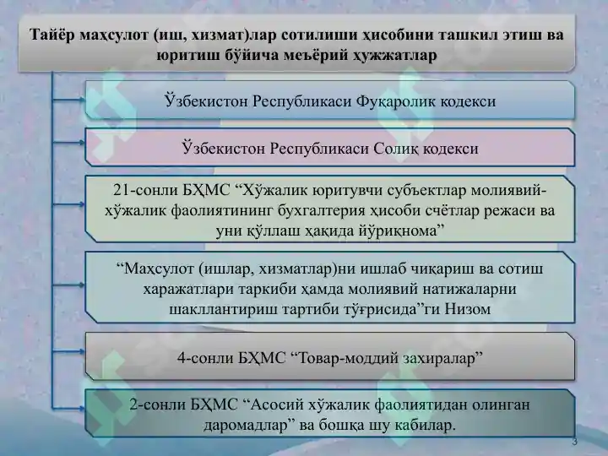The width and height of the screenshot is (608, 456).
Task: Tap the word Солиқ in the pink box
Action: coord(398,149)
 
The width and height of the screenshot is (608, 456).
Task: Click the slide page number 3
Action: coord(575,443)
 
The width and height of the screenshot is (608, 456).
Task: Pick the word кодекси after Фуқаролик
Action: coord(466,101)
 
